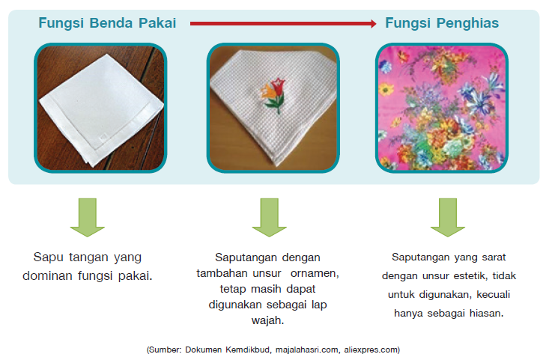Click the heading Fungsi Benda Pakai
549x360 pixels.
(x=107, y=23)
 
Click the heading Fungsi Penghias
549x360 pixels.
(x=442, y=23)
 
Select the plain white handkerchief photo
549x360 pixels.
(x=100, y=108)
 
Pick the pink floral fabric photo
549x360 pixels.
(x=441, y=108)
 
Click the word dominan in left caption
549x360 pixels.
(x=61, y=275)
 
